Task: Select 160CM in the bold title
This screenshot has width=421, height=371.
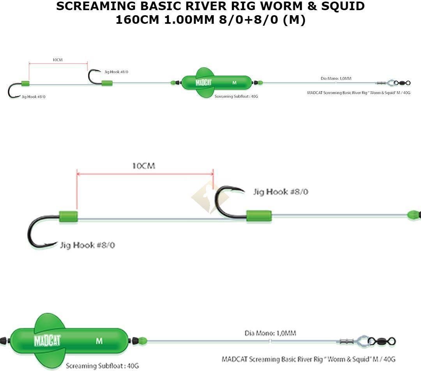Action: pos(137,20)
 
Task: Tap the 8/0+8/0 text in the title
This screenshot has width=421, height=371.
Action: pos(248,20)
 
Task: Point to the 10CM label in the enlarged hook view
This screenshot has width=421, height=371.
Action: pos(143,166)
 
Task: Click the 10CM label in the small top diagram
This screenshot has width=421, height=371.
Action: pos(57,60)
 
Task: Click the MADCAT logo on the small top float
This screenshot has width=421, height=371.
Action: pos(203,83)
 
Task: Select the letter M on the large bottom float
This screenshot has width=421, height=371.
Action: pos(99,341)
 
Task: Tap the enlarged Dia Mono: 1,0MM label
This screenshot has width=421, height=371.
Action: pos(270,333)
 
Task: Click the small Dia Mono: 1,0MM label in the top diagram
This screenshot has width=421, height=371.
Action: pos(336,78)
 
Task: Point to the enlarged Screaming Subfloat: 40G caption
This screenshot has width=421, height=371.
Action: pos(102,366)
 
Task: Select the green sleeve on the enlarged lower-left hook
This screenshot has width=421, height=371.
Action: pos(68,217)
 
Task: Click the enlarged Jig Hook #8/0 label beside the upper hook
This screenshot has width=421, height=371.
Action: pos(280,192)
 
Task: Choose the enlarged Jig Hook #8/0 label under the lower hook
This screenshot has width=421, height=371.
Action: pos(87,245)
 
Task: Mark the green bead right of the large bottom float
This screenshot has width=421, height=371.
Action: pos(142,341)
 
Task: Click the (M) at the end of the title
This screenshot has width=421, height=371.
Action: pos(294,20)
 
